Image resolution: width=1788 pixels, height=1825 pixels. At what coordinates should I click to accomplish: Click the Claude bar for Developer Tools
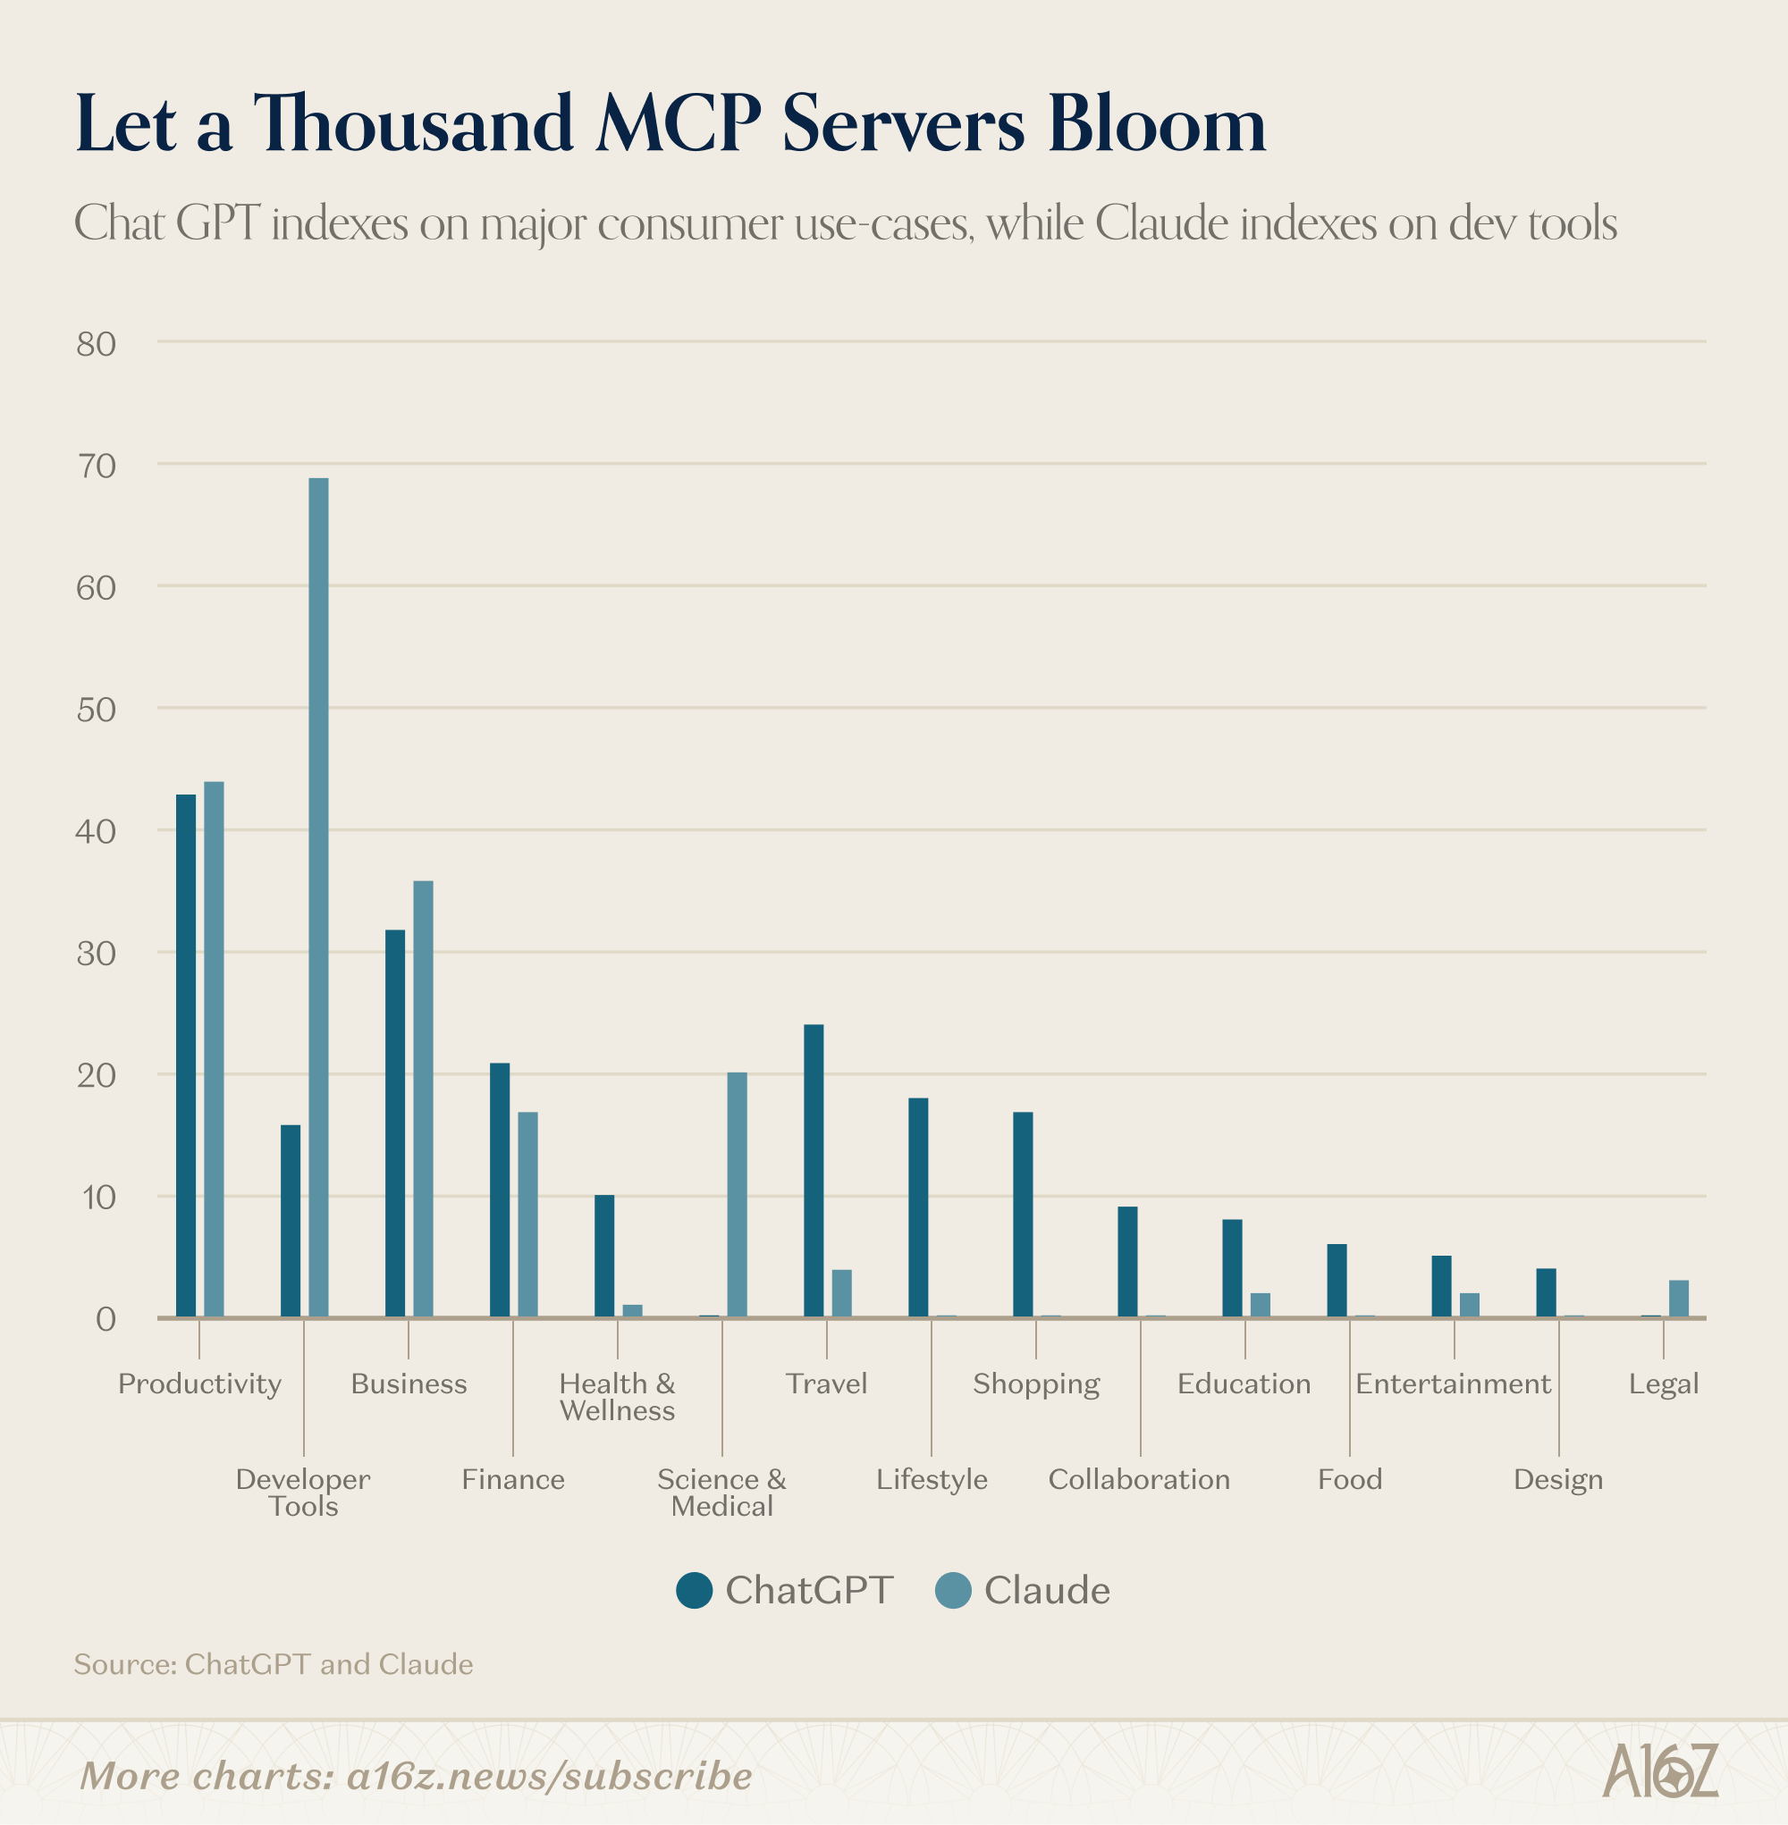(318, 896)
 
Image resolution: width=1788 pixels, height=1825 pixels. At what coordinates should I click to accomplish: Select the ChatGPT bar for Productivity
(186, 1055)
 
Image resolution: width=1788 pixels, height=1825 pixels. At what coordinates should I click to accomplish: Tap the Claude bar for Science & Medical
(738, 1194)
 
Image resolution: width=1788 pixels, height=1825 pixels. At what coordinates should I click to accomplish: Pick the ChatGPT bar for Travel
(814, 1171)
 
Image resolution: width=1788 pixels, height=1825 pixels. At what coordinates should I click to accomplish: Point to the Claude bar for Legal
(1678, 1299)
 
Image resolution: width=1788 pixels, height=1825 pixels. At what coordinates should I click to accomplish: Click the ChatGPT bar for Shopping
(1023, 1214)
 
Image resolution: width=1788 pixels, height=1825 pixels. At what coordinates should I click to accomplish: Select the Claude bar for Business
(424, 1098)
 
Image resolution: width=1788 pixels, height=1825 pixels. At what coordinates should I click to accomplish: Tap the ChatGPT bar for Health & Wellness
(603, 1255)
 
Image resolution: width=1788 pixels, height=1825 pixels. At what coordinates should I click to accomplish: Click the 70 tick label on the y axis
(96, 466)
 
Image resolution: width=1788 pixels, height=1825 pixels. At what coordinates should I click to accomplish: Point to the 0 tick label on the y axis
(105, 1319)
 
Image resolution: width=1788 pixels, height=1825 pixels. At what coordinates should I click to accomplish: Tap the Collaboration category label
(1139, 1479)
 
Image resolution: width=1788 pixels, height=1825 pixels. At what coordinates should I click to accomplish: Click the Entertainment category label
(1453, 1383)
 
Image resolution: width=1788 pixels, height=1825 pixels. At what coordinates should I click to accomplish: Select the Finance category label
(513, 1479)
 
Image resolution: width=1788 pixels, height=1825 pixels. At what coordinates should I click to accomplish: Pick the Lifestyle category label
(932, 1479)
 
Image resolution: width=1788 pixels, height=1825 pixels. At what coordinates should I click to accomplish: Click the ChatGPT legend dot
(694, 1589)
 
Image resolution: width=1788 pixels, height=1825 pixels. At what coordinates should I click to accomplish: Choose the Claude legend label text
(1046, 1589)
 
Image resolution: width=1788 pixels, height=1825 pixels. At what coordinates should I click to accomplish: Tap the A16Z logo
(1659, 1771)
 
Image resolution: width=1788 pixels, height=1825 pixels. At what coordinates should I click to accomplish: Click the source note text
(274, 1664)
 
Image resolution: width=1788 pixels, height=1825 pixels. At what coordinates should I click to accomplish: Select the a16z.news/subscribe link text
(549, 1776)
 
